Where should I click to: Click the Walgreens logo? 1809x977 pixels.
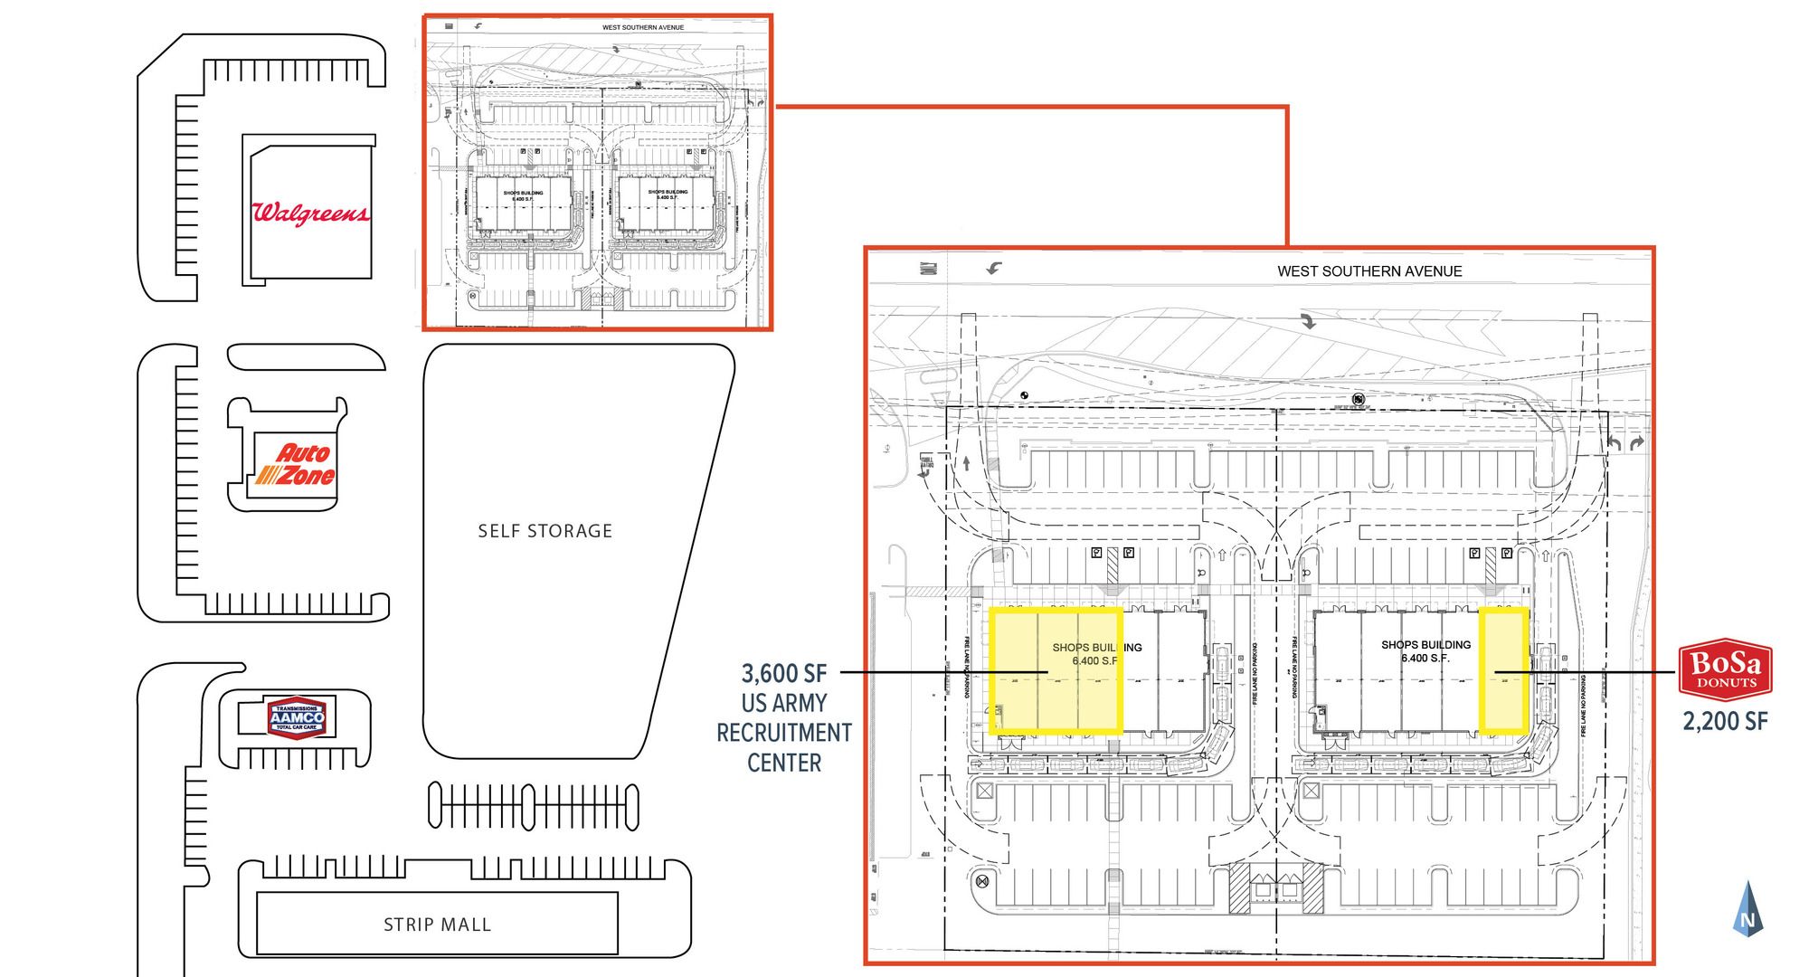pos(310,213)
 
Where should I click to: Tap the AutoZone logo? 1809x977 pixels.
pos(295,464)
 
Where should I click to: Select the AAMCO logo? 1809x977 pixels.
pos(297,716)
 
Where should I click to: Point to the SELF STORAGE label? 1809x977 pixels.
pos(545,531)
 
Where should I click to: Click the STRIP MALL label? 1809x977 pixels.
pos(437,925)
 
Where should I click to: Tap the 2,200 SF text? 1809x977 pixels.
pos(1725,721)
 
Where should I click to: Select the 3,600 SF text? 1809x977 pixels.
pos(784,673)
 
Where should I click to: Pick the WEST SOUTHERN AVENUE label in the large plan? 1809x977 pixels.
pos(1369,271)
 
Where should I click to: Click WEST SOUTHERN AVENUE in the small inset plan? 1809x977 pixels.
pos(643,27)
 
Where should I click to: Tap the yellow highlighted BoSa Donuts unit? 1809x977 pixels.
pos(1504,669)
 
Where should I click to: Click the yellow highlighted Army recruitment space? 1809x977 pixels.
pos(1056,669)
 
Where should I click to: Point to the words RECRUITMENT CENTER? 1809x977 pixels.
pos(784,747)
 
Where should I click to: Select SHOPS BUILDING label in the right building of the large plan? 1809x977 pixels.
pos(1425,645)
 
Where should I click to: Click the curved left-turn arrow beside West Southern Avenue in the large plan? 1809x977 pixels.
pos(995,268)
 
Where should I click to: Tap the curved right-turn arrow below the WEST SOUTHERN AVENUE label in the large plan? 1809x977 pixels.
pos(1308,320)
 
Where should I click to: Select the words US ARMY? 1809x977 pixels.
pos(784,703)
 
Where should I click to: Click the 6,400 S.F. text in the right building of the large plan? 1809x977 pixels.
pos(1425,659)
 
